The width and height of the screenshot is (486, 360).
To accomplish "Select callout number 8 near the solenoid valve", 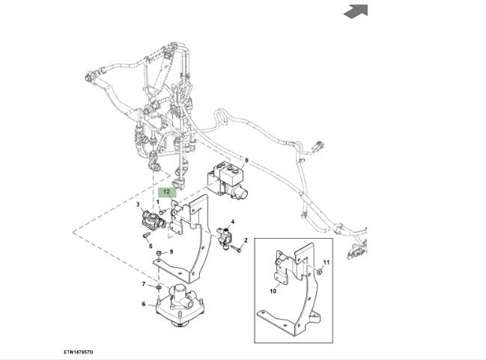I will tap(246, 159).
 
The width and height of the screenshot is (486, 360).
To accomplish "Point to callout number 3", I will tap(138, 204).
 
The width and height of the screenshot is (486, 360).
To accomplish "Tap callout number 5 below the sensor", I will tap(150, 245).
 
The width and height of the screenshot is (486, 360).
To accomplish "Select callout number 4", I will tap(233, 222).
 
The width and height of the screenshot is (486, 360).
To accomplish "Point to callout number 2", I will tap(246, 241).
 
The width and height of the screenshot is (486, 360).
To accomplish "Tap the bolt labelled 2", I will tap(236, 248).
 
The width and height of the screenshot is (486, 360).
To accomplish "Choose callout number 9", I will tap(171, 251).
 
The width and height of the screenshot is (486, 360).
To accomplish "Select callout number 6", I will tap(143, 304).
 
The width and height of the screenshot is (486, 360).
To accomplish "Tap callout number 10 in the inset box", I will tap(272, 291).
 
